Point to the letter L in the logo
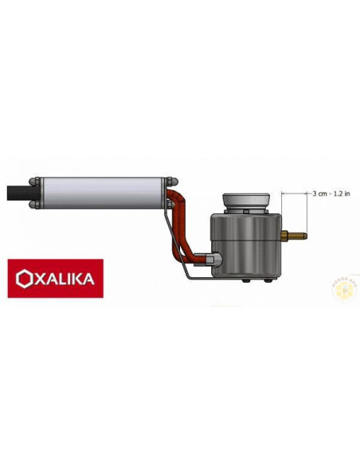(x=63, y=279)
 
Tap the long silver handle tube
(x=104, y=192)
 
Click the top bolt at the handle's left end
(x=37, y=179)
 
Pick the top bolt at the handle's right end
(x=172, y=180)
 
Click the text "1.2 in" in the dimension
(x=340, y=193)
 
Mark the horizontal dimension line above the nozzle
(x=295, y=193)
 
